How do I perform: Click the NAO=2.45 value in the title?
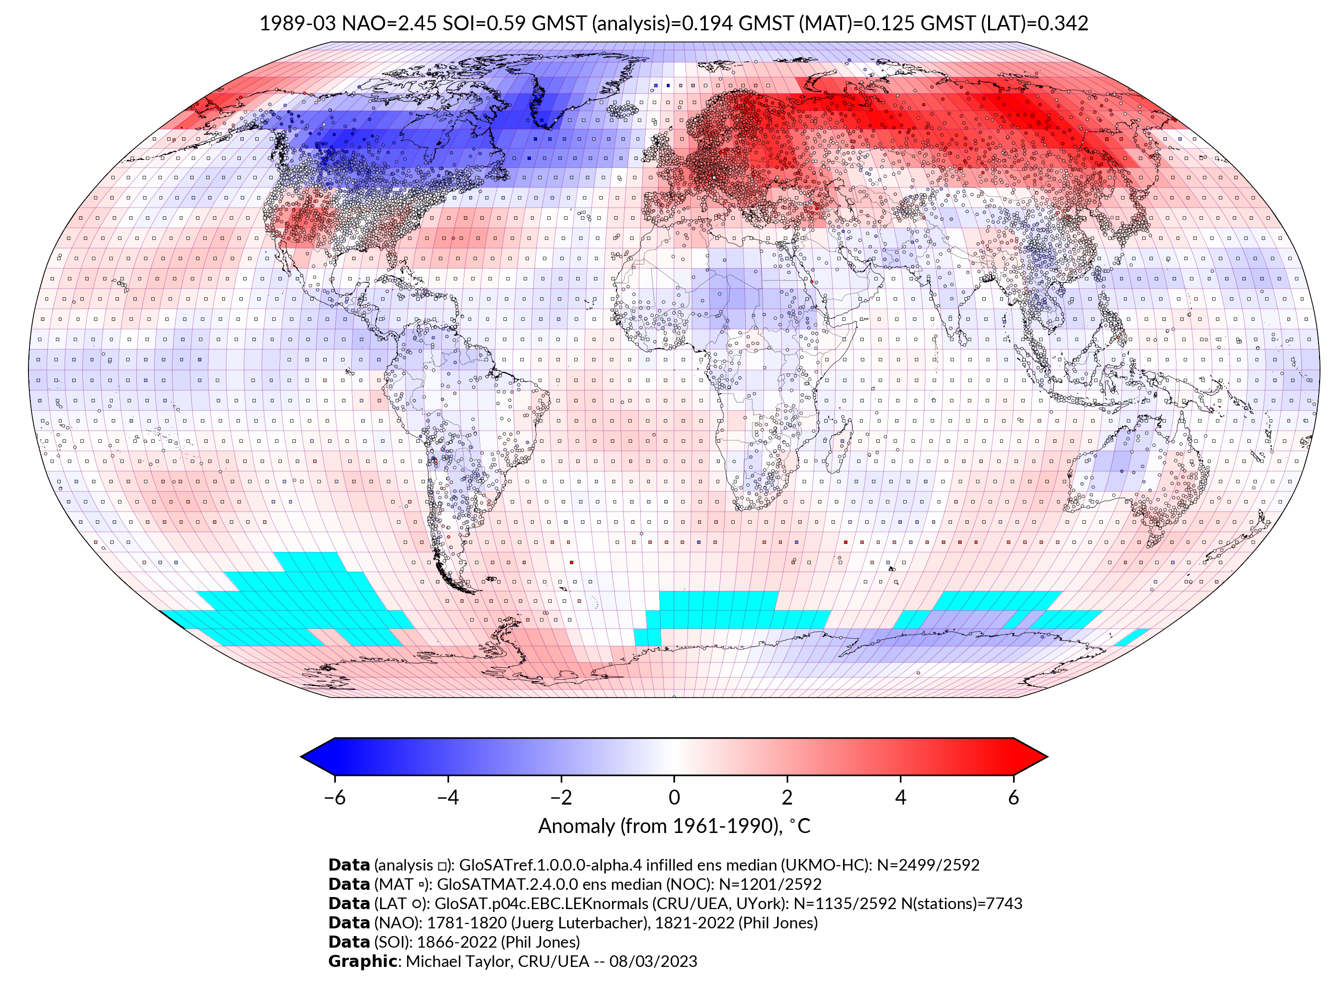pyautogui.click(x=389, y=24)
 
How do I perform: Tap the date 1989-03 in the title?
pyautogui.click(x=298, y=24)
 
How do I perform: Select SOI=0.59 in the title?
pyautogui.click(x=484, y=24)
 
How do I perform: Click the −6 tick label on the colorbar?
pyautogui.click(x=334, y=797)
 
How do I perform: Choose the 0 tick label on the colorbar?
pyautogui.click(x=674, y=797)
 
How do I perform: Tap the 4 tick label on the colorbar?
pyautogui.click(x=900, y=797)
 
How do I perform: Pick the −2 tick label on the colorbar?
pyautogui.click(x=561, y=797)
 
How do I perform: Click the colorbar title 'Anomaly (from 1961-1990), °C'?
pyautogui.click(x=674, y=826)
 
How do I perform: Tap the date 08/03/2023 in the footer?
pyautogui.click(x=653, y=961)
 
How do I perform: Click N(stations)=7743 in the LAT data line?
pyautogui.click(x=962, y=903)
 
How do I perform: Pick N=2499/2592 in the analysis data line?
pyautogui.click(x=928, y=865)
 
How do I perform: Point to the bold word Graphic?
pyautogui.click(x=362, y=961)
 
